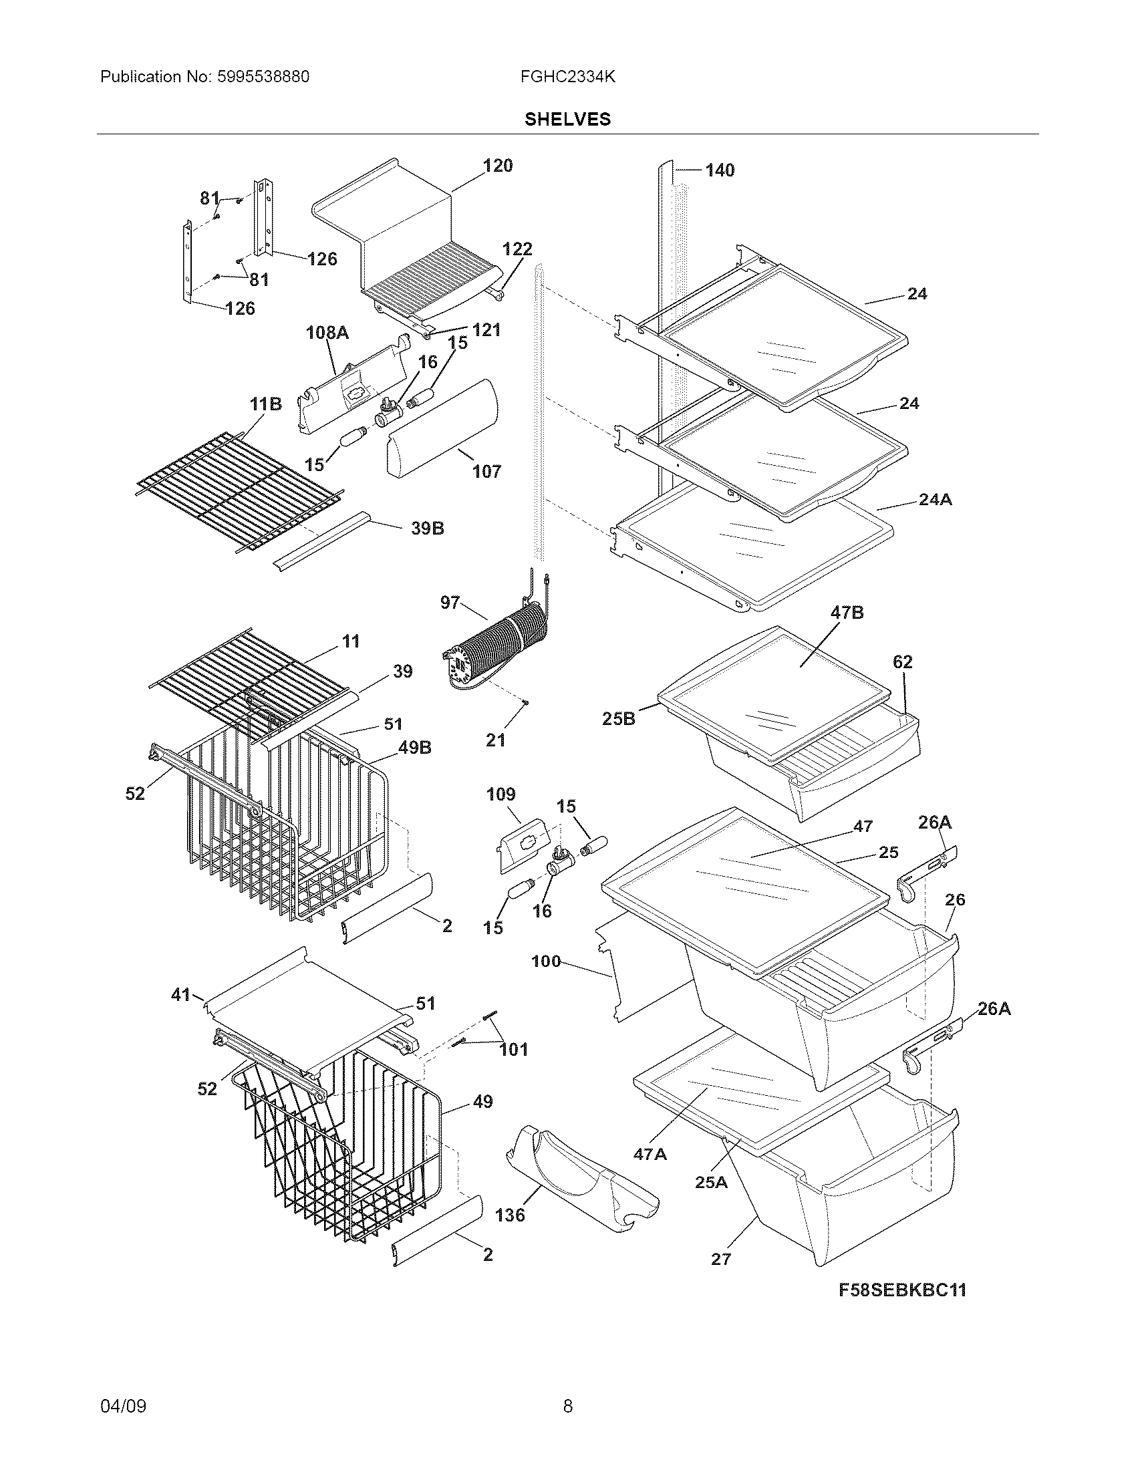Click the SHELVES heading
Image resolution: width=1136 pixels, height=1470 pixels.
point(567,119)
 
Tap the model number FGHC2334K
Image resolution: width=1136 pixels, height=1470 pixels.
point(567,77)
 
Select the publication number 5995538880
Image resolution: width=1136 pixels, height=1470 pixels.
point(263,77)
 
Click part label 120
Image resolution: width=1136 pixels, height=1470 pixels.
point(497,166)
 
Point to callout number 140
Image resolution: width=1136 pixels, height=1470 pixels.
point(720,170)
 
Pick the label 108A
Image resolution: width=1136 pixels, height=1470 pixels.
point(327,332)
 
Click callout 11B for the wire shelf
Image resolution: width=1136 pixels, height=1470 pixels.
point(265,404)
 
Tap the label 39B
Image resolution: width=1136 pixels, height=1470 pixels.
point(428,529)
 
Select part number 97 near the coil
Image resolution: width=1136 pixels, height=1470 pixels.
point(450,603)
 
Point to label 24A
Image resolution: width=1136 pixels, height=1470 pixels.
point(935,499)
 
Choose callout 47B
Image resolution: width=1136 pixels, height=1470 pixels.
point(847,613)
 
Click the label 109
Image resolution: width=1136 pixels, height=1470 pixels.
point(501,794)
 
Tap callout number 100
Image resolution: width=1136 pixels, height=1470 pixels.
point(546,961)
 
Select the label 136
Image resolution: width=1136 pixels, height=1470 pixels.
point(509,1215)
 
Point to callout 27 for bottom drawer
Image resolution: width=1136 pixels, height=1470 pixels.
point(721,1259)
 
